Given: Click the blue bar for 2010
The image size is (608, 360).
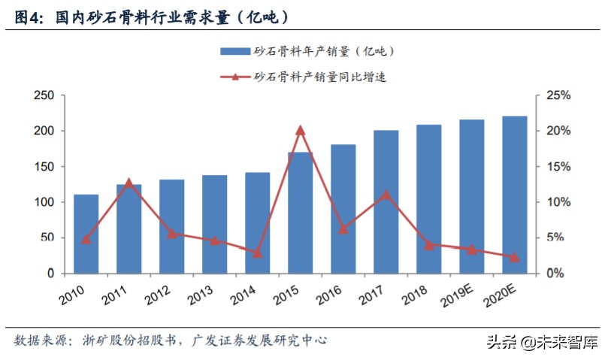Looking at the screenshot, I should (x=86, y=234).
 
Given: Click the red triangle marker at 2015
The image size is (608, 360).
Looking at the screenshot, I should (x=300, y=130).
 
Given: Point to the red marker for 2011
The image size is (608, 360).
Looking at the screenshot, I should (x=129, y=183).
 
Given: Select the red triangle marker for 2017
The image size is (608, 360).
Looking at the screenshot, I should (x=386, y=195).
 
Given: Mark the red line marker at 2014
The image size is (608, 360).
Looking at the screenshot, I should (x=257, y=253).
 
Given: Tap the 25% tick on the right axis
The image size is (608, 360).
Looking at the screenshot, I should (x=558, y=95).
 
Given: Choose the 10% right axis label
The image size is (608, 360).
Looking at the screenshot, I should (x=558, y=202).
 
